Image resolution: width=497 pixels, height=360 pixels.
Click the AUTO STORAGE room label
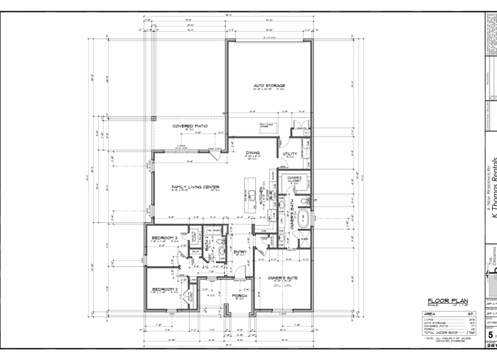[268, 86]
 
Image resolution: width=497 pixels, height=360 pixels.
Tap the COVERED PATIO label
[190, 126]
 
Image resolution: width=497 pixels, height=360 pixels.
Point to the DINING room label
[252, 152]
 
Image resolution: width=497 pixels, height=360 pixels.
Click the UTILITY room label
[290, 153]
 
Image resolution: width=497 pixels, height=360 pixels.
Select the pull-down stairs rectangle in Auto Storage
[268, 127]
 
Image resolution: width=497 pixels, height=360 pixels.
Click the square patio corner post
[153, 117]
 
